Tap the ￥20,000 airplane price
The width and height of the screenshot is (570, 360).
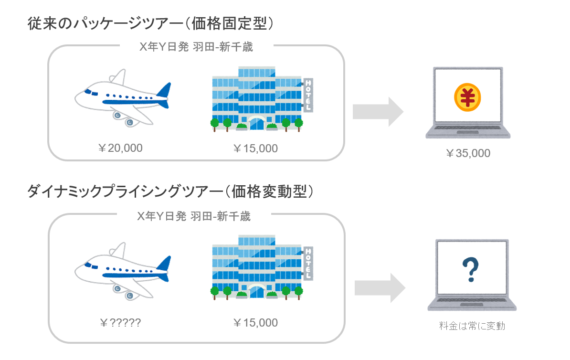120,148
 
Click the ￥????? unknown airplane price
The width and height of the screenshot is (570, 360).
120,323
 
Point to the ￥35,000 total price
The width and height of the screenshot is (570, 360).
468,153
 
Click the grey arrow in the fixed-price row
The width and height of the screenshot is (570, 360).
378,112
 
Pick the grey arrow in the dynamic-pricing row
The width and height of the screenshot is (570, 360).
380,288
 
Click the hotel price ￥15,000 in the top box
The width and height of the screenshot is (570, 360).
255,148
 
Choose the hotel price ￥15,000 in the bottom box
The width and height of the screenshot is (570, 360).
255,323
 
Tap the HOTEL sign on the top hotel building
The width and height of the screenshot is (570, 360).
308,95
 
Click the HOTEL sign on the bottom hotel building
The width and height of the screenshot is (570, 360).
308,263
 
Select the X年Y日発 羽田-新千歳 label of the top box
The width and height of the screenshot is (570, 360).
196,47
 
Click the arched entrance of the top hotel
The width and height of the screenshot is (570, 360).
256,122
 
